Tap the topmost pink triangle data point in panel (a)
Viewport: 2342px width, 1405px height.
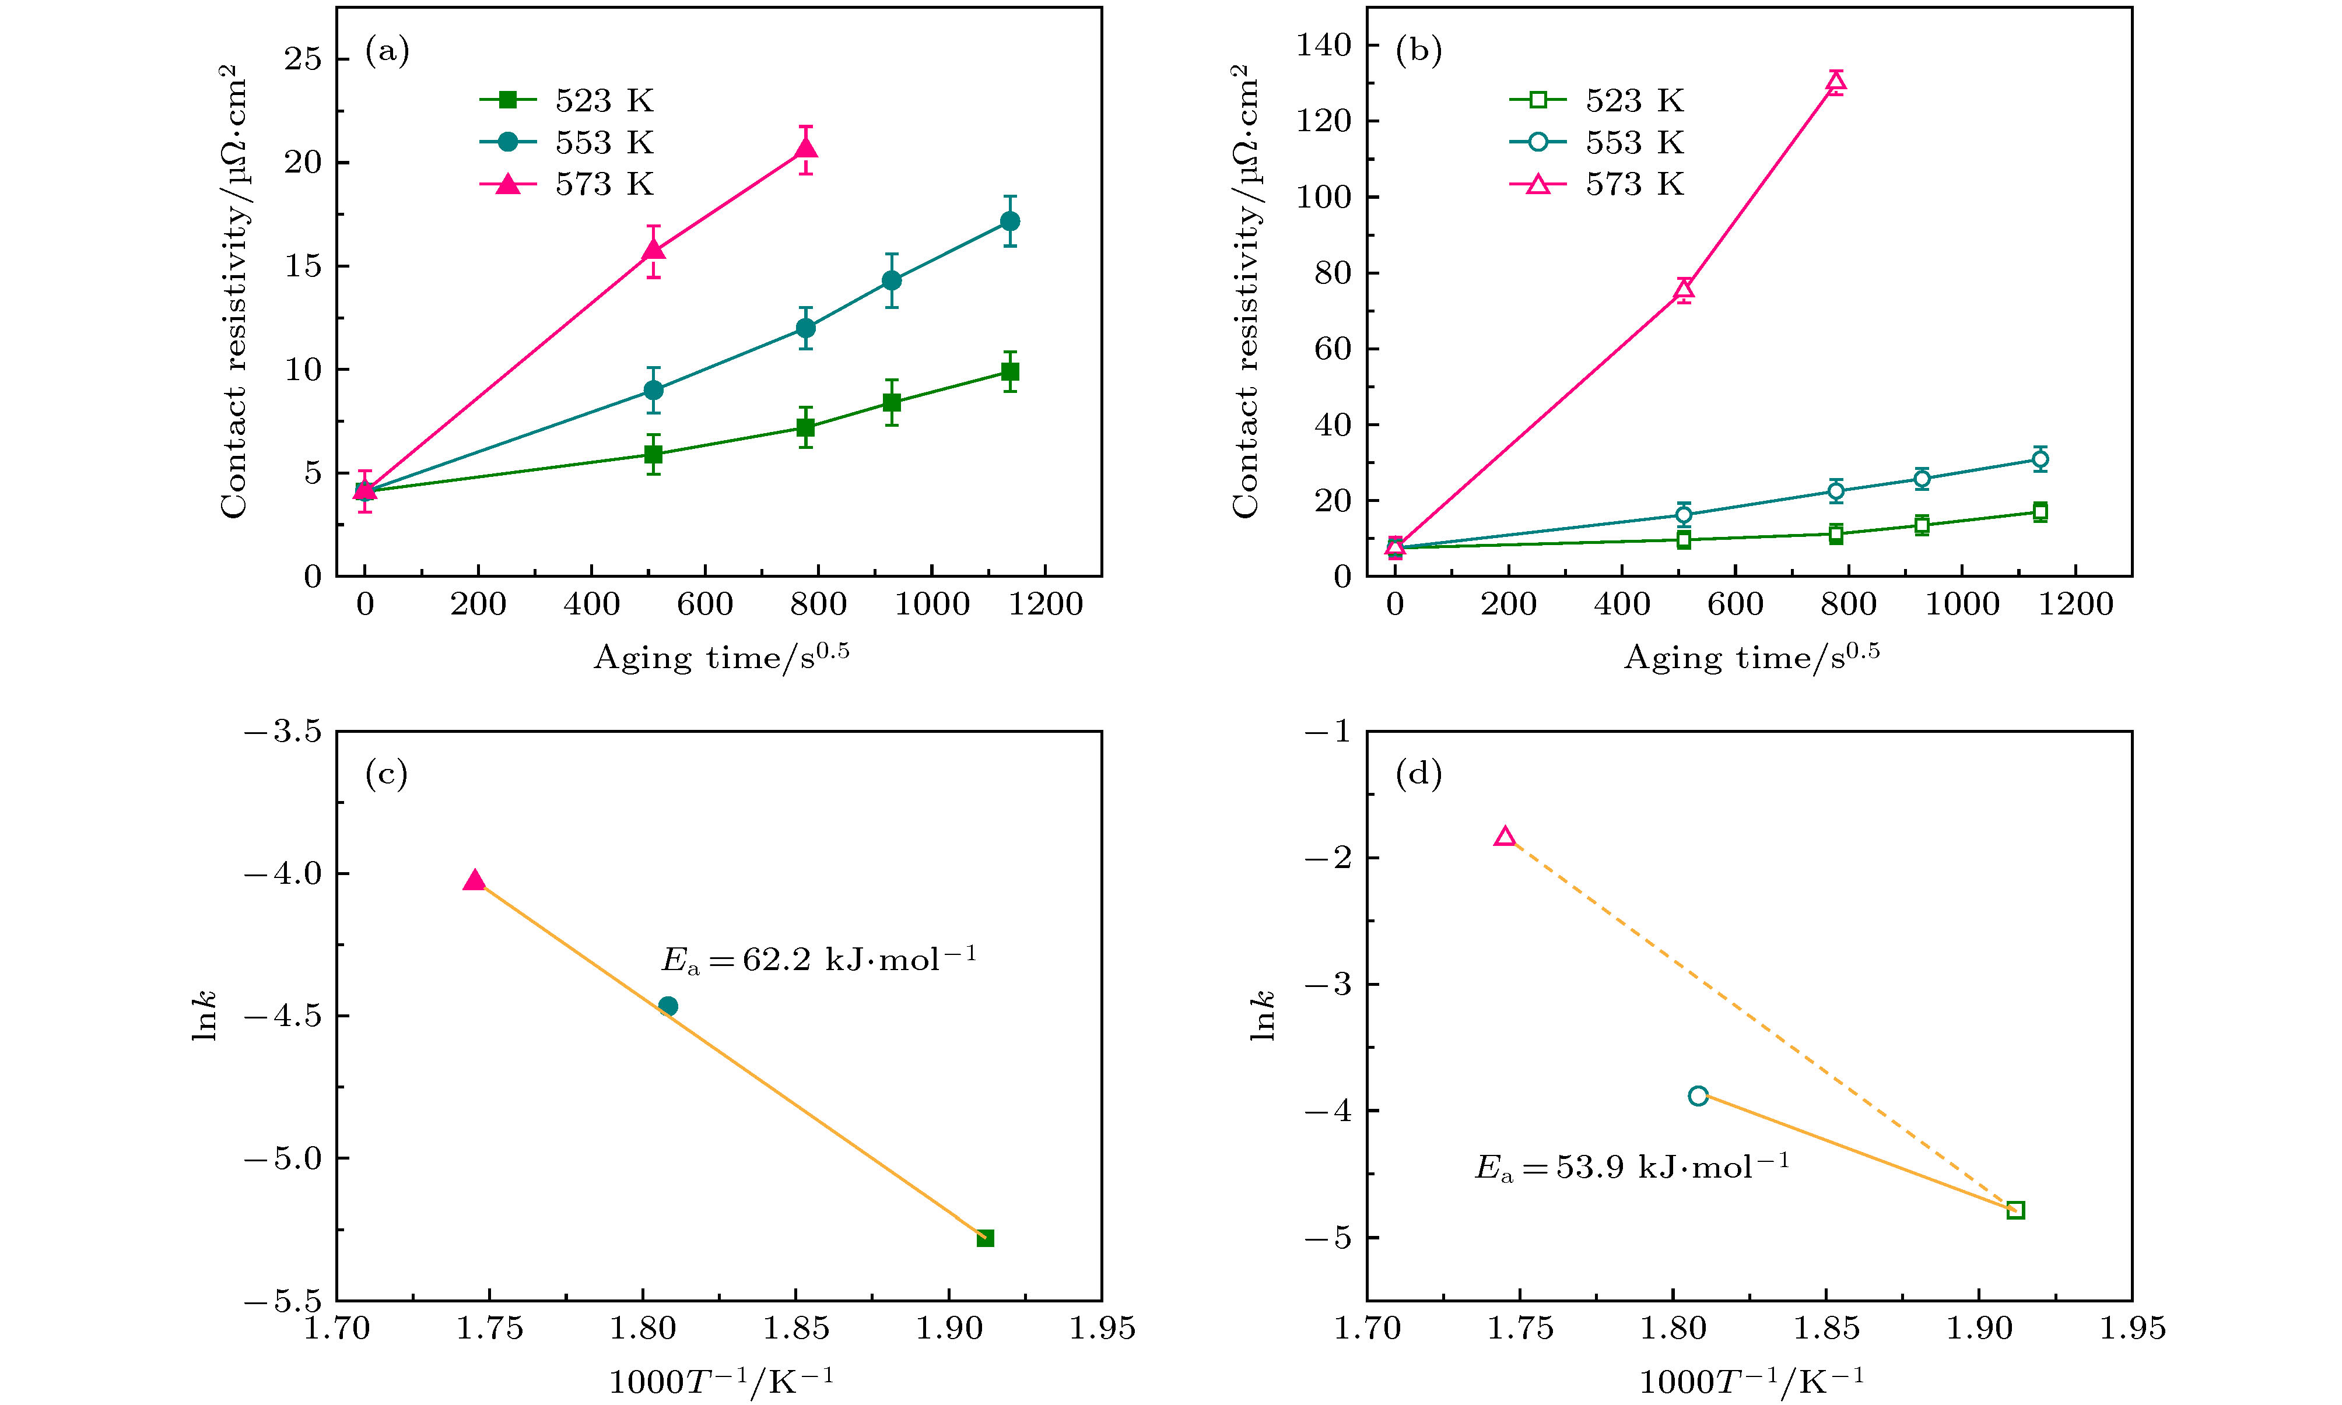(x=806, y=147)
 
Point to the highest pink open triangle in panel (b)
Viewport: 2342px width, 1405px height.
(x=1835, y=82)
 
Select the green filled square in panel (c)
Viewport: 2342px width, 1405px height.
(x=985, y=1238)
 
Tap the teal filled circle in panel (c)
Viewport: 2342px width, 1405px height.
(x=668, y=1006)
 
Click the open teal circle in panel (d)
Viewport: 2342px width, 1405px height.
(x=1698, y=1095)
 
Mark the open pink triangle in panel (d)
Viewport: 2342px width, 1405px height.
(x=1505, y=836)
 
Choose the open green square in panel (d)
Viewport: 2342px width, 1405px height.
(x=2015, y=1210)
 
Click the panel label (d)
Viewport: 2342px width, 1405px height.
(x=1419, y=774)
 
